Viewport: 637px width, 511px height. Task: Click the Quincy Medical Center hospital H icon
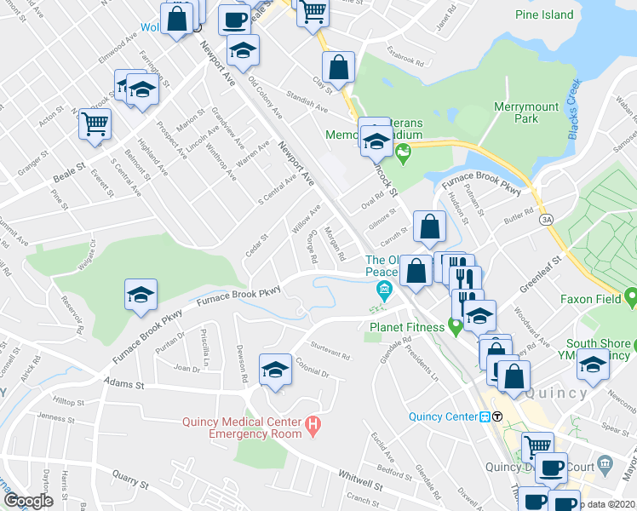coord(313,423)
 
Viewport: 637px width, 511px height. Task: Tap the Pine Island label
coord(545,14)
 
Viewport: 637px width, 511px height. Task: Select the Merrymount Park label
coord(528,112)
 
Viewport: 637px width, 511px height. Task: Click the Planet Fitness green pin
coord(456,324)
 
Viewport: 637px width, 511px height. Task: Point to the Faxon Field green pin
coord(630,298)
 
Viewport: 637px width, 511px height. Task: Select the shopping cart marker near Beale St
coord(95,124)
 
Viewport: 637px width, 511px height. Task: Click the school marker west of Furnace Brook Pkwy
coord(141,296)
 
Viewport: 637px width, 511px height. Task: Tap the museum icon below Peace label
coord(385,294)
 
